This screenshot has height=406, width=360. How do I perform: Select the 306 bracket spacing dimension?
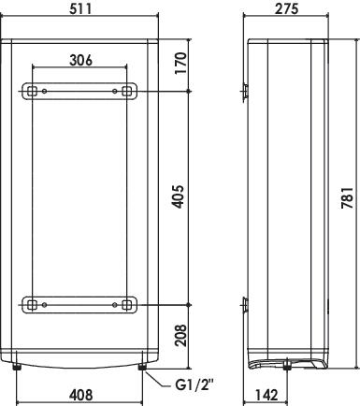tap(80, 60)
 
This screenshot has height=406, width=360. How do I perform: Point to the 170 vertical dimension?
tap(180, 64)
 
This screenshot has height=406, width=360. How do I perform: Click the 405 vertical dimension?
tap(179, 196)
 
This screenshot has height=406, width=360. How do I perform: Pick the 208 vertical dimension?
tap(180, 335)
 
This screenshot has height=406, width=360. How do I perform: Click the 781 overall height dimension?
tap(347, 197)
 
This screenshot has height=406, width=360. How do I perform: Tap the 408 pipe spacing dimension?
tap(80, 395)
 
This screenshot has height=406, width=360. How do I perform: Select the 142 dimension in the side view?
tap(266, 395)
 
